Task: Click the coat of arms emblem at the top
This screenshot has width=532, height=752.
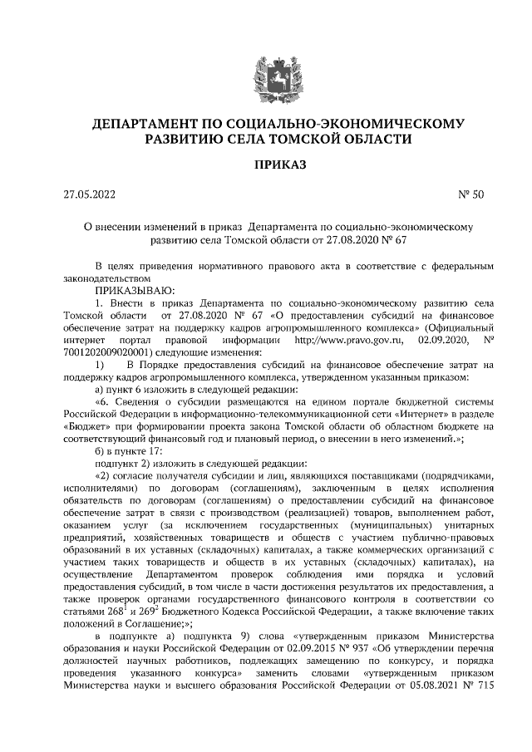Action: point(266,66)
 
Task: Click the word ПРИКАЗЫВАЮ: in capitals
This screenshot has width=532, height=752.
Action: point(135,291)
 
